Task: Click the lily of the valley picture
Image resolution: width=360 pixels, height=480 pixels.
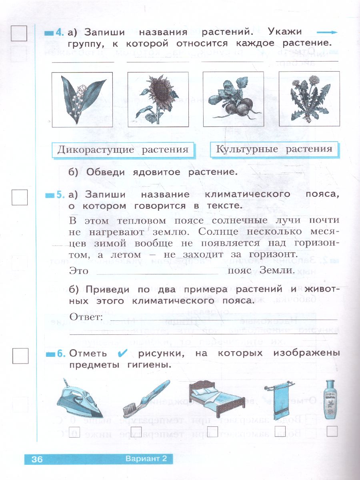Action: [x=82, y=99]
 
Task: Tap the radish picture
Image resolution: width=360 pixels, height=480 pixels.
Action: [x=233, y=99]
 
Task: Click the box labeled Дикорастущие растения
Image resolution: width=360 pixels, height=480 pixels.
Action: [x=123, y=150]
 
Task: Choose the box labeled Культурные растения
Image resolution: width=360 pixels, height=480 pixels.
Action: [x=274, y=149]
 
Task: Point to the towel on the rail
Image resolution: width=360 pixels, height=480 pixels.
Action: [x=279, y=400]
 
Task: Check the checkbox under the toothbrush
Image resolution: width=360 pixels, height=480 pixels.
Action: [x=136, y=431]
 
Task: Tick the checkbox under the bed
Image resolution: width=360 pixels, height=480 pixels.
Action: [x=212, y=431]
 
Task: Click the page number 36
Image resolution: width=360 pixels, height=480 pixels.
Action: [x=37, y=459]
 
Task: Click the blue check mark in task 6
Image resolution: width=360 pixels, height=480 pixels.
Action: [x=123, y=353]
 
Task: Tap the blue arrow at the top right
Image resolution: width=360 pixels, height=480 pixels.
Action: [x=327, y=32]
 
